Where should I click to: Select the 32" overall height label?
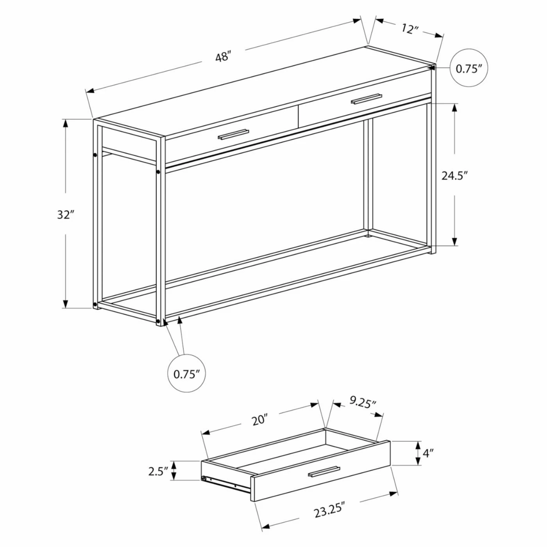[x=66, y=214]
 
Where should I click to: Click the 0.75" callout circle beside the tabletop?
[x=469, y=68]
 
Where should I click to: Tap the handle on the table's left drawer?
[x=233, y=134]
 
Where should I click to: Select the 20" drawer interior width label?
[x=260, y=420]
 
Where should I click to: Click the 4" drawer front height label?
[x=428, y=461]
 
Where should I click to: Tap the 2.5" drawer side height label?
[x=157, y=472]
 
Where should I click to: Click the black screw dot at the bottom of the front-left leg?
[x=158, y=321]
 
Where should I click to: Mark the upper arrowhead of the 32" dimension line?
[x=66, y=124]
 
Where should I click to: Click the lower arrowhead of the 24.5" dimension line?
[x=455, y=240]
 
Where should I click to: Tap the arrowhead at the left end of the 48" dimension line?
[x=91, y=91]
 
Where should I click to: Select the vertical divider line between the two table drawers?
[x=298, y=117]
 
